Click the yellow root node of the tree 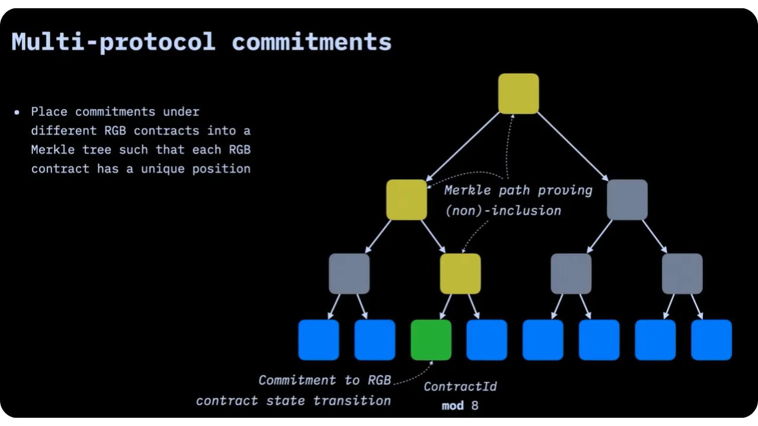click(518, 93)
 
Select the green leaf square click(431, 340)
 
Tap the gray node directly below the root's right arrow click(627, 199)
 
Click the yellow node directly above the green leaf click(460, 273)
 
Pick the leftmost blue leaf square click(319, 340)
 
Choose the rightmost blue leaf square click(711, 340)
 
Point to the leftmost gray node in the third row click(349, 273)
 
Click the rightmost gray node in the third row click(682, 273)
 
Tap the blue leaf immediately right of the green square click(487, 340)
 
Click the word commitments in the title click(311, 42)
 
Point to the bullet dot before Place click(17, 112)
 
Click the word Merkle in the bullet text click(53, 150)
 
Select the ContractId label click(460, 386)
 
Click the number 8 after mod click(474, 406)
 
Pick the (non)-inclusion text click(503, 210)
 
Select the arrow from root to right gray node click(573, 146)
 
